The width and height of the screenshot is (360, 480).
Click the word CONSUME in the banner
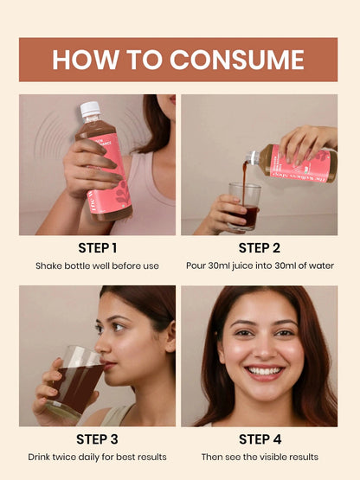pos(236,59)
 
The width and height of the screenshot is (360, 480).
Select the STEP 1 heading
pos(97,249)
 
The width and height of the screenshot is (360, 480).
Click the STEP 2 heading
pos(260,249)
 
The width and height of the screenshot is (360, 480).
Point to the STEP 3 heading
pos(97,439)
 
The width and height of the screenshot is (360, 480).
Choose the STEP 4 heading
pos(260,439)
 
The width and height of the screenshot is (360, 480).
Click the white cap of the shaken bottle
pos(90,110)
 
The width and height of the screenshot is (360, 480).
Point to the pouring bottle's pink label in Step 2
pos(299,163)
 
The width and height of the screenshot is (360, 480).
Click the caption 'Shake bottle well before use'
pos(97,266)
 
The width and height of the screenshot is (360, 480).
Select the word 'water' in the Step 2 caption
pos(319,266)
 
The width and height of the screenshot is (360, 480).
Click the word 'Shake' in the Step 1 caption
pos(49,266)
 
